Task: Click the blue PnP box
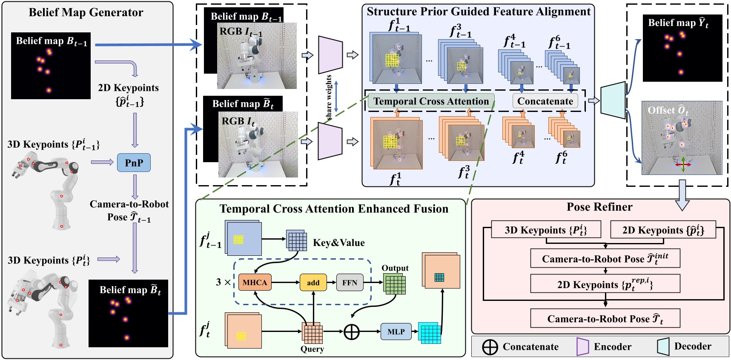click(x=134, y=163)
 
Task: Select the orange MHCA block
click(x=255, y=283)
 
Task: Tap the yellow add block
click(x=313, y=283)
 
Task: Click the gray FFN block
click(x=350, y=283)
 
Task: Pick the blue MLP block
click(x=396, y=331)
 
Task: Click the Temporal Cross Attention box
click(x=431, y=101)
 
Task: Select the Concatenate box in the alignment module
click(x=545, y=101)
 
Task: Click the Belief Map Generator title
click(x=86, y=12)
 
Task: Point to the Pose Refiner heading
click(x=599, y=207)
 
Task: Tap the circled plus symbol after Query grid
click(x=352, y=331)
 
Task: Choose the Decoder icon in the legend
click(x=663, y=346)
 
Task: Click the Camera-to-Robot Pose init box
click(x=605, y=258)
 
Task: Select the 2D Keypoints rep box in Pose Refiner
click(x=605, y=284)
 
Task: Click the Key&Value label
click(x=339, y=243)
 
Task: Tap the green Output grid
click(x=395, y=284)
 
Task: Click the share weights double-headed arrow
click(x=336, y=97)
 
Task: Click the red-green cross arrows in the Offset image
click(x=683, y=164)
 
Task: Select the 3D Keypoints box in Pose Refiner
click(x=546, y=230)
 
